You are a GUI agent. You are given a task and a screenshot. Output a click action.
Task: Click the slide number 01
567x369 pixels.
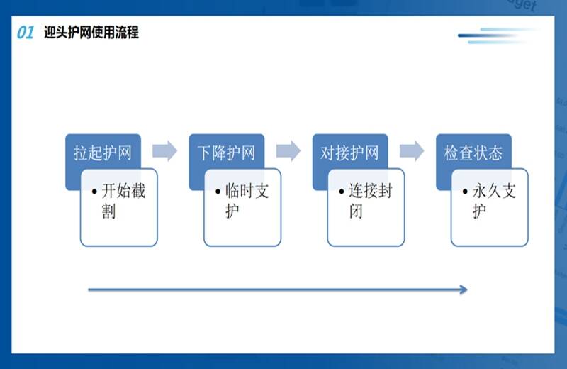click(26, 33)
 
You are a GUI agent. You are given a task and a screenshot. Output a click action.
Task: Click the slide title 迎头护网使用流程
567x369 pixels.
click(91, 32)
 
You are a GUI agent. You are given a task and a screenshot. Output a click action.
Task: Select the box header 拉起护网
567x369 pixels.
click(103, 153)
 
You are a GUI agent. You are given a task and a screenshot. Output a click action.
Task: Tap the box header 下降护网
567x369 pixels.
click(226, 153)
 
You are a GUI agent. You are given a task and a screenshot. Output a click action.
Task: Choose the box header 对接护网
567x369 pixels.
click(349, 153)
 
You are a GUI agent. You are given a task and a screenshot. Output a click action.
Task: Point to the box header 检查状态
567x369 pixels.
click(473, 153)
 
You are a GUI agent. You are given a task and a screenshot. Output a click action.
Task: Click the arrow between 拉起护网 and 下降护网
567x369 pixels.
click(165, 150)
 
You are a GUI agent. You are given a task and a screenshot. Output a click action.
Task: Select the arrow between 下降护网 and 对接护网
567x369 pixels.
click(288, 150)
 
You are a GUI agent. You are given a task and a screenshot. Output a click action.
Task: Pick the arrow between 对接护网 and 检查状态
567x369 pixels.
click(412, 150)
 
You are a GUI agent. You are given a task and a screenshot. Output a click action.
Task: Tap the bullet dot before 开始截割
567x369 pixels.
click(94, 192)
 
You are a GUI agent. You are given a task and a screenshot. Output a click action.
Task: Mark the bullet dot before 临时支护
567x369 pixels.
click(218, 192)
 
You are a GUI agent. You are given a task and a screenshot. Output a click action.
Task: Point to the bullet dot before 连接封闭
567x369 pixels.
click(342, 192)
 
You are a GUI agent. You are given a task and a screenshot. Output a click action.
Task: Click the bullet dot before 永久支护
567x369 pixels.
click(465, 192)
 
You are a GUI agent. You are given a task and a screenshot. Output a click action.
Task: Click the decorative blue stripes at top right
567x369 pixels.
click(499, 36)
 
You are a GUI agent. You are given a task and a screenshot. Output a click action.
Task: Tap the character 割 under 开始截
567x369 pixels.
click(108, 211)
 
